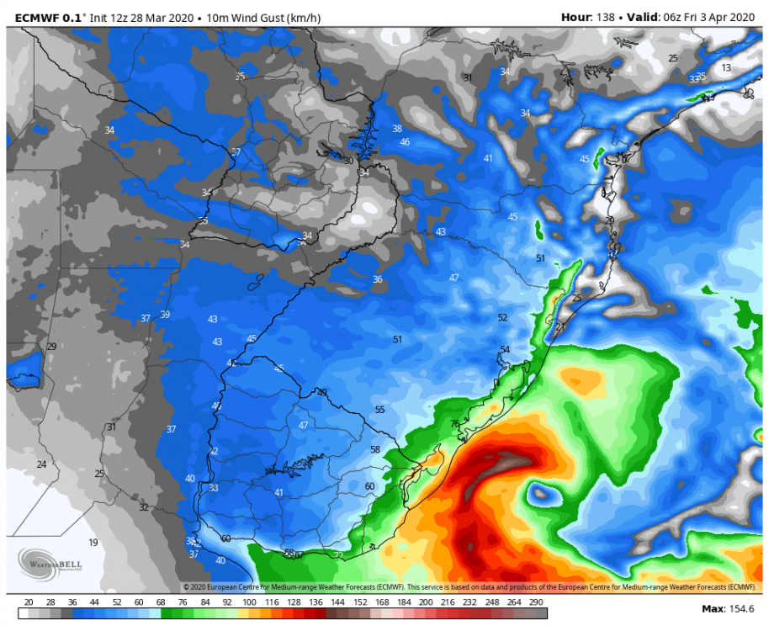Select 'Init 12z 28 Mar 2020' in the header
click(x=148, y=17)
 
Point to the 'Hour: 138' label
click(x=588, y=17)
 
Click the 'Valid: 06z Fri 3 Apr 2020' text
click(x=697, y=17)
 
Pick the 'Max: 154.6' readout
click(x=728, y=608)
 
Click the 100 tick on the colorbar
click(x=249, y=602)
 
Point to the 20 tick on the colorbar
click(x=29, y=602)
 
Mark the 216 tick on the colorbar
click(x=445, y=602)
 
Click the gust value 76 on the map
click(x=455, y=424)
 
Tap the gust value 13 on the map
click(x=726, y=67)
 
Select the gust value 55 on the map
click(x=380, y=410)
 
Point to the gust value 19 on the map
click(x=93, y=543)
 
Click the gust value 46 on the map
click(x=405, y=141)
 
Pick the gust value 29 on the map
click(x=51, y=347)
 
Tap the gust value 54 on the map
click(x=505, y=349)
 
